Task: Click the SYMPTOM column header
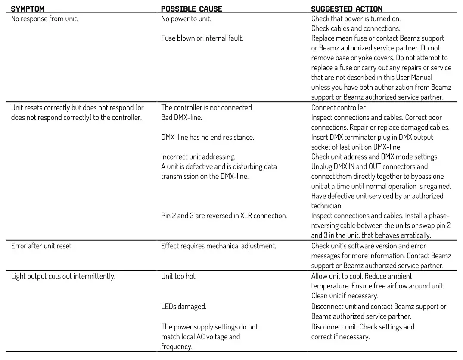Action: (28, 9)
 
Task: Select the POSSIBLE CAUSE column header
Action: (192, 9)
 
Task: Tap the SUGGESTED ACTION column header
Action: (347, 9)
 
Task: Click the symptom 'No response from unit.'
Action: (44, 19)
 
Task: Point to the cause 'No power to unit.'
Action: (186, 19)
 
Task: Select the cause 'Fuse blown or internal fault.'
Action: (202, 38)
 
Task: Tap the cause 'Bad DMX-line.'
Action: (181, 117)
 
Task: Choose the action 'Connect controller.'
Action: (339, 108)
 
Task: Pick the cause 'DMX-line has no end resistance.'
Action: (208, 137)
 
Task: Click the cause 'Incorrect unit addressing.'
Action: (198, 157)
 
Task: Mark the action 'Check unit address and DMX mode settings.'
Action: (375, 157)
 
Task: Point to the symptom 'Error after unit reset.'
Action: (42, 246)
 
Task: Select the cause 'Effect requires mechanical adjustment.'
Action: (218, 246)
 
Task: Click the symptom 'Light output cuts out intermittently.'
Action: (63, 276)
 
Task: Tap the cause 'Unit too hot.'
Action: (179, 276)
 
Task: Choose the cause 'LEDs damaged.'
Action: (183, 307)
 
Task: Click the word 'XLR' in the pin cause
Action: (245, 216)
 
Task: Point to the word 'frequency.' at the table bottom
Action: (177, 347)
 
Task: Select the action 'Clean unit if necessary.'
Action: (345, 296)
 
